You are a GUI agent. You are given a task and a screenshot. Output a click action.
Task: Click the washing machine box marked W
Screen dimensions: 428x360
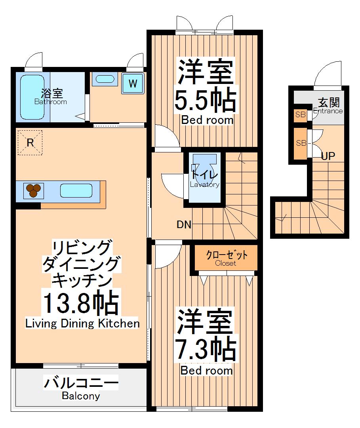(133, 84)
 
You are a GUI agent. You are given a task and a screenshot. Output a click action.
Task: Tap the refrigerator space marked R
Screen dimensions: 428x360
(30, 143)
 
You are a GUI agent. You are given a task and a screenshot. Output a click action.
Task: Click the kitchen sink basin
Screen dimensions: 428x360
(76, 191)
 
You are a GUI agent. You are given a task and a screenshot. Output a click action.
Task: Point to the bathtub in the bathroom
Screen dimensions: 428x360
(32, 97)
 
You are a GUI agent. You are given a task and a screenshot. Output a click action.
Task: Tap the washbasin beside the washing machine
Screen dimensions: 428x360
(105, 79)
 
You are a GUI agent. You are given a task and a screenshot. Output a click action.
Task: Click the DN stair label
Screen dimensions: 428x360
(184, 225)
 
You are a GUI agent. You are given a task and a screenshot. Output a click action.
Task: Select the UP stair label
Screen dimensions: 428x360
(328, 156)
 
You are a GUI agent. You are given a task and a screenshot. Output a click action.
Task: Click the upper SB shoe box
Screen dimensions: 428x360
(300, 115)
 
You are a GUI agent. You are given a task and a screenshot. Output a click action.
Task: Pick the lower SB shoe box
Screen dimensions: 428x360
(301, 143)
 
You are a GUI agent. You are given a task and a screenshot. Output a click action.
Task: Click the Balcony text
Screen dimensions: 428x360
(81, 396)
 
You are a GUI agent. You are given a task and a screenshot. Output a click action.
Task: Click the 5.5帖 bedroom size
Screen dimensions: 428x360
(206, 100)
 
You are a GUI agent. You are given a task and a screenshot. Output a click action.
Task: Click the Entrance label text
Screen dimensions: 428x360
(328, 111)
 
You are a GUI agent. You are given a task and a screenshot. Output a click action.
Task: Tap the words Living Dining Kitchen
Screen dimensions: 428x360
(82, 323)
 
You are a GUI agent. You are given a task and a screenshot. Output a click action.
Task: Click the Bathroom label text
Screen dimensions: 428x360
(50, 102)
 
